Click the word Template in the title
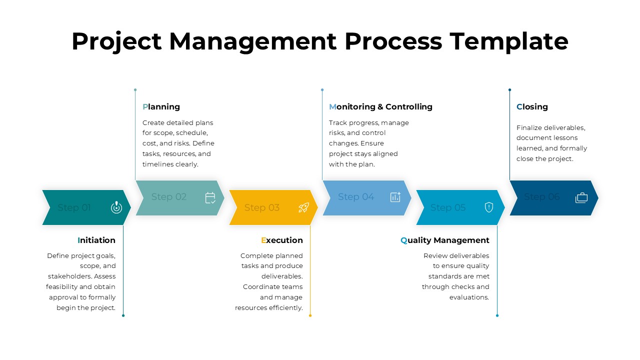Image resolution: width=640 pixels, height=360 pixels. [x=508, y=41]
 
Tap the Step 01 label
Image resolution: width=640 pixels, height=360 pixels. [x=74, y=207]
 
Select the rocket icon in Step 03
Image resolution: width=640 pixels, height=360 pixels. [x=303, y=207]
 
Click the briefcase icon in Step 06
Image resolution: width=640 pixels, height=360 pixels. [x=581, y=197]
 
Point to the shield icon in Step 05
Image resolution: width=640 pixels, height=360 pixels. [x=489, y=207]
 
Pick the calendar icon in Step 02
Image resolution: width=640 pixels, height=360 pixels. [x=210, y=198]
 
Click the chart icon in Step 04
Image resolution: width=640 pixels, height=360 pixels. [x=395, y=197]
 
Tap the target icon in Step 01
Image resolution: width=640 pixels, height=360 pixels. [x=116, y=207]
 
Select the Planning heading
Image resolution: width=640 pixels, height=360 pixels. [x=161, y=106]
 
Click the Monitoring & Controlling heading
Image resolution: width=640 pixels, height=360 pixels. [x=380, y=106]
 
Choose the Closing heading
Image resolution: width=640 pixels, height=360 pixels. [x=532, y=106]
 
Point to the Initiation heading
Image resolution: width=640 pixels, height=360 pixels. [x=96, y=240]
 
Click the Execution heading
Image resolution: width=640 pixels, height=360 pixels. [x=282, y=240]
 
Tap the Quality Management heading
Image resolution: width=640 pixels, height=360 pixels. [x=445, y=240]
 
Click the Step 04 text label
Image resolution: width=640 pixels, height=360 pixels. [x=356, y=197]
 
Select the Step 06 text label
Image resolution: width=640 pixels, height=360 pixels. [x=542, y=197]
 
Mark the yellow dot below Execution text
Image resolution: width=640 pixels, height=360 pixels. [x=310, y=315]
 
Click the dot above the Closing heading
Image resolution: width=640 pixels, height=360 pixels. [x=509, y=90]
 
